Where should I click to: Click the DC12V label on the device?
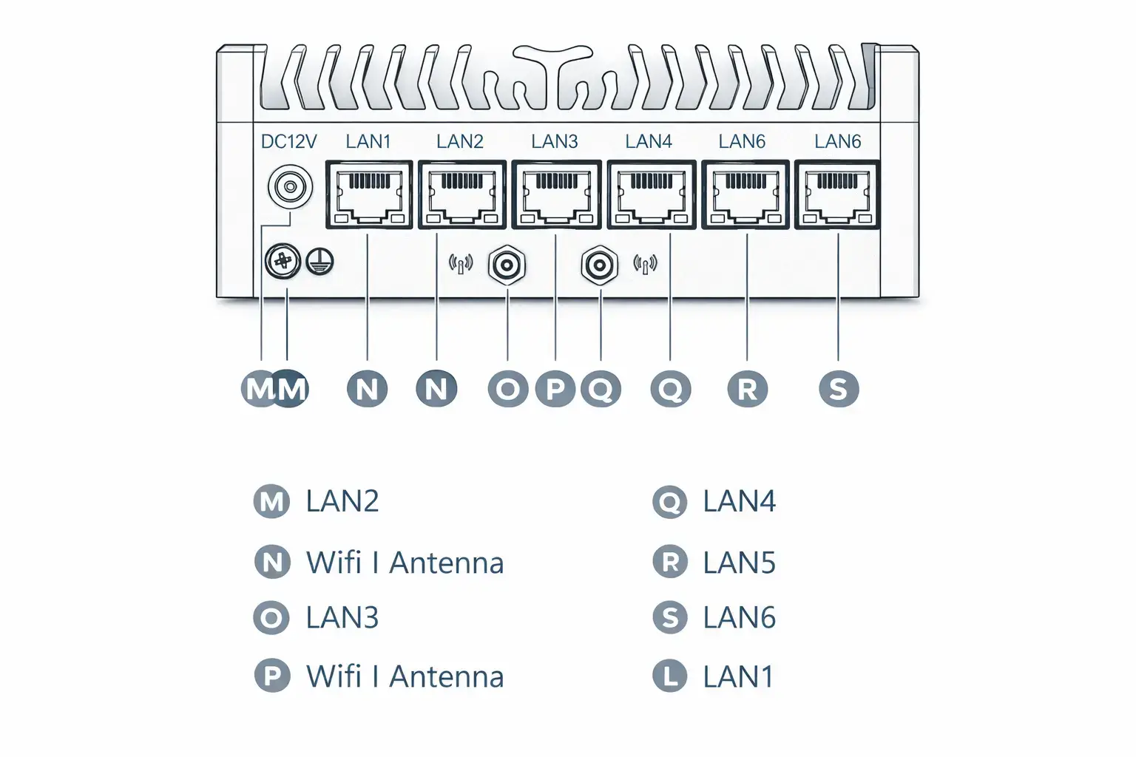pyautogui.click(x=288, y=141)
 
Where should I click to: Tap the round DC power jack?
pyautogui.click(x=290, y=187)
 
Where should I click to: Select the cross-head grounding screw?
pyautogui.click(x=283, y=262)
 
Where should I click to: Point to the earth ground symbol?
pyautogui.click(x=319, y=262)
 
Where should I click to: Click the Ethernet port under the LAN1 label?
pyautogui.click(x=369, y=195)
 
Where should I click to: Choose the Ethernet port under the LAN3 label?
pyautogui.click(x=556, y=195)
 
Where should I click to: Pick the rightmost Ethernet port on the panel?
pyautogui.click(x=837, y=195)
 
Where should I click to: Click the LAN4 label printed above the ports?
pyautogui.click(x=649, y=141)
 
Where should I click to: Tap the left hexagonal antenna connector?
pyautogui.click(x=507, y=265)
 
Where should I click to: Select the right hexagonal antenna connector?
pyautogui.click(x=600, y=265)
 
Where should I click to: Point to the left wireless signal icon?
pyautogui.click(x=461, y=264)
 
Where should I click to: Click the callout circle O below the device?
pyautogui.click(x=507, y=389)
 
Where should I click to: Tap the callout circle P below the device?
pyautogui.click(x=555, y=389)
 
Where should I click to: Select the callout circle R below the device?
pyautogui.click(x=747, y=389)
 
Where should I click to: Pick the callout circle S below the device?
pyautogui.click(x=839, y=389)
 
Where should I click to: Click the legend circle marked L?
pyautogui.click(x=670, y=676)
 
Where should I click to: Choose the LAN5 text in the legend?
pyautogui.click(x=739, y=563)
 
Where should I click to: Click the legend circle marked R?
pyautogui.click(x=670, y=562)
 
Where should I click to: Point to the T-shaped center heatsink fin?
pyautogui.click(x=552, y=76)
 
